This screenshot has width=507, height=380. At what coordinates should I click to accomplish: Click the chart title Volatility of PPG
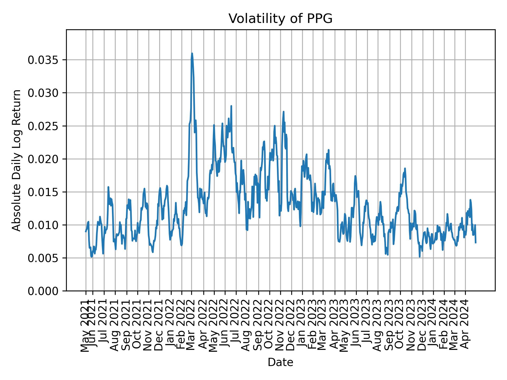click(280, 19)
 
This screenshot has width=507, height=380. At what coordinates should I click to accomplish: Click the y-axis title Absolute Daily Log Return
click(17, 160)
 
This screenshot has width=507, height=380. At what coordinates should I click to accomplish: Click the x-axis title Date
click(280, 362)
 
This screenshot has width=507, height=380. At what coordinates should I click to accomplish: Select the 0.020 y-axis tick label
click(43, 159)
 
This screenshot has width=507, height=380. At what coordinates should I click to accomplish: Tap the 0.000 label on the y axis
click(43, 291)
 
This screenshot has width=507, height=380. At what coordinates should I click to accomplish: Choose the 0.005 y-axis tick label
click(43, 258)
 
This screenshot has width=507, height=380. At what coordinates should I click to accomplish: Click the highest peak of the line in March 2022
click(192, 53)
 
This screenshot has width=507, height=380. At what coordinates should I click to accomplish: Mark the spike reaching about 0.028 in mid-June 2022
click(231, 106)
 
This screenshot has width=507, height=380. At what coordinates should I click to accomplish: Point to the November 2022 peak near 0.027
click(283, 112)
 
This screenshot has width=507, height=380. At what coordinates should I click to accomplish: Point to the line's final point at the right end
click(476, 242)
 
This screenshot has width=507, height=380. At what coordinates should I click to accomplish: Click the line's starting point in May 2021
click(86, 231)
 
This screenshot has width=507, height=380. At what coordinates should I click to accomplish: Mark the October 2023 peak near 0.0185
click(405, 168)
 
